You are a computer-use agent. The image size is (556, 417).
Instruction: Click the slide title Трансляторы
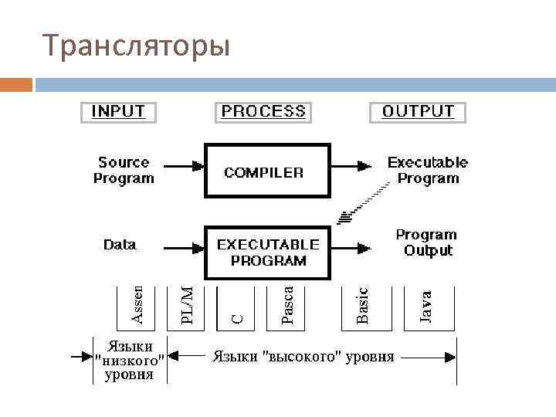pos(137,46)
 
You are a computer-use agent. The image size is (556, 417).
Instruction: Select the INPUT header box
pos(118,111)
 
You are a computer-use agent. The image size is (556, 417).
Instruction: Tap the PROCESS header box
pos(263,111)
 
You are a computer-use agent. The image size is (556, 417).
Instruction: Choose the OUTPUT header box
pos(418,111)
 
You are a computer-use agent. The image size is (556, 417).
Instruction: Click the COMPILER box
pos(266,171)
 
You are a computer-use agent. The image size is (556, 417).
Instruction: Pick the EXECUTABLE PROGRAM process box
pos(266,252)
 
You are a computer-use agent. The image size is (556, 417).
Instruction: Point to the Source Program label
pos(124,171)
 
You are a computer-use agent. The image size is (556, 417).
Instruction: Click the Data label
pos(120,245)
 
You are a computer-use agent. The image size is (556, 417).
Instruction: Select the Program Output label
pos(427,242)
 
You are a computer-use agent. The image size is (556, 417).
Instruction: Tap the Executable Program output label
pos(427,171)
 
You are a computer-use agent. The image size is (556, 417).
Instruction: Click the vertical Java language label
pos(425,305)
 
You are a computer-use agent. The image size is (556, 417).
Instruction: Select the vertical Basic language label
pos(362,304)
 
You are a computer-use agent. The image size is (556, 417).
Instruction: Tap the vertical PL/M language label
pos(187,304)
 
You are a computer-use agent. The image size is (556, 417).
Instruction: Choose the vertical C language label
pos(239,317)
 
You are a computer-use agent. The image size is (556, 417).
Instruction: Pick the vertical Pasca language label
pos(287,304)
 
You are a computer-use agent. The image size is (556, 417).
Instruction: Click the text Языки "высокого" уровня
pos(303,357)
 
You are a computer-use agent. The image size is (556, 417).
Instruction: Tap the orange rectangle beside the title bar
pos(16,84)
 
